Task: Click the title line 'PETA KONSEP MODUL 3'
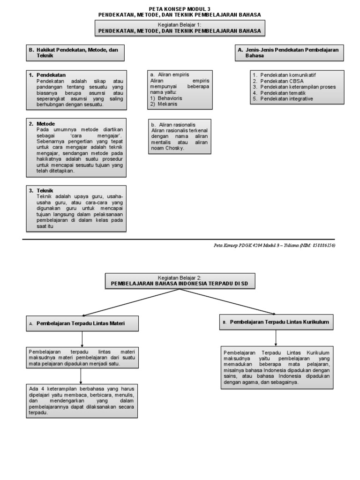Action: point(180,9)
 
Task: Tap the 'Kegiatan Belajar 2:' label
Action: point(180,277)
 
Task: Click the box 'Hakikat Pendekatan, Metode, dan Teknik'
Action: point(76,52)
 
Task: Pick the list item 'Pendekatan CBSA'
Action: point(279,81)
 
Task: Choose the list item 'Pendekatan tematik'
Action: point(283,93)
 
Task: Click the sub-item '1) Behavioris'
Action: point(166,98)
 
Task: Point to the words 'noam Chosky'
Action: point(167,148)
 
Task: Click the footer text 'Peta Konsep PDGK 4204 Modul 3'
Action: point(249,245)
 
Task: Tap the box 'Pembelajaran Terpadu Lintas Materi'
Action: point(82,323)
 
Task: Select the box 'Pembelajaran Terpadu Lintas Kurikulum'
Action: point(276,322)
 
